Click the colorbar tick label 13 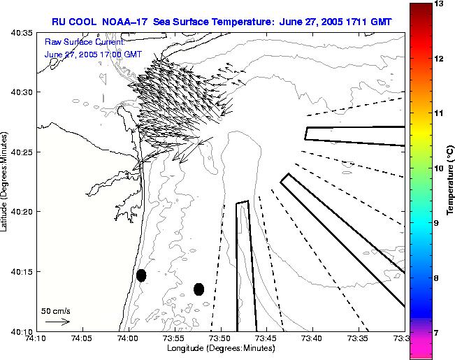439,4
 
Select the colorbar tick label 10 439,168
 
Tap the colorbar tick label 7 439,333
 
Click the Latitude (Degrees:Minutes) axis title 6,181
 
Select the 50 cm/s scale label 55,310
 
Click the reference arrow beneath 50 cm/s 57,322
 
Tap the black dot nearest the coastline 141,275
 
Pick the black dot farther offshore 198,289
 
